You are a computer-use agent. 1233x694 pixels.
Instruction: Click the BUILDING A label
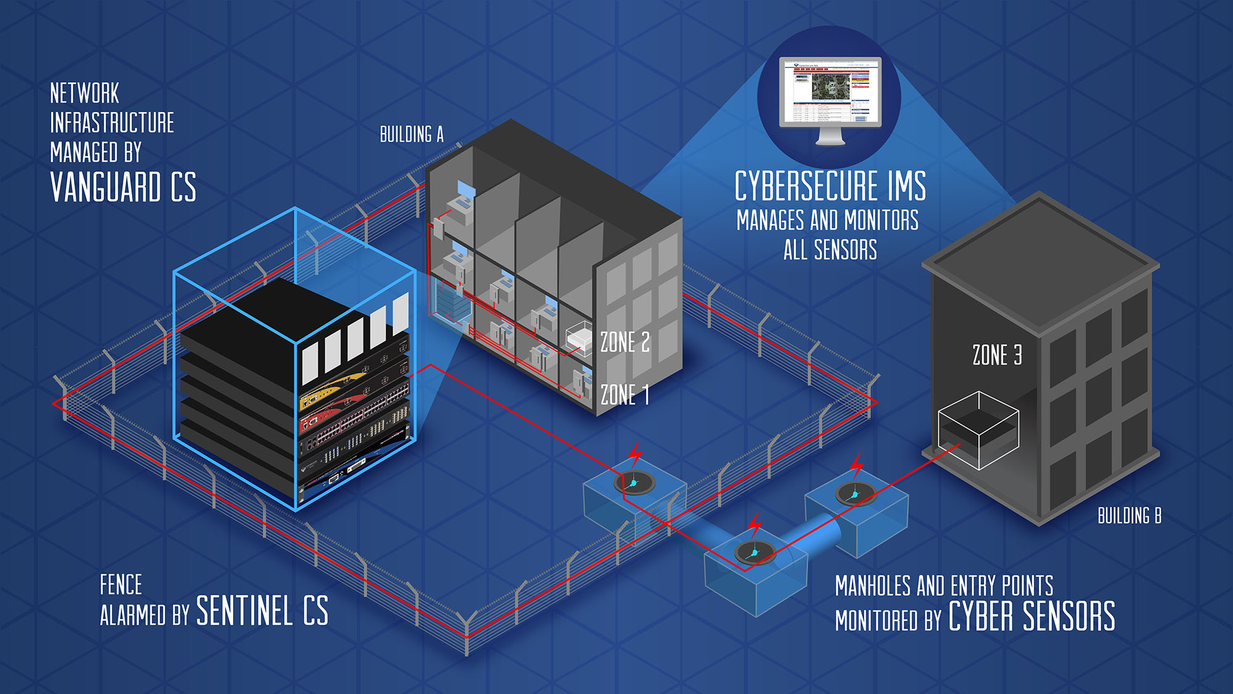[411, 134]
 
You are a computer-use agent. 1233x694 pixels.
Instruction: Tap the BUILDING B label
[1129, 516]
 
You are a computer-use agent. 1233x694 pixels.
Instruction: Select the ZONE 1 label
[625, 394]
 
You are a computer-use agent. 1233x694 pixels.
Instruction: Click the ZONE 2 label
[625, 342]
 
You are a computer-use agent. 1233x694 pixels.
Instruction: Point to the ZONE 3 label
[997, 355]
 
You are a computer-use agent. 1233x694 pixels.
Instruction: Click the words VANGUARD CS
[123, 187]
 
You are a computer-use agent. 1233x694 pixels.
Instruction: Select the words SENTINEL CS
[262, 611]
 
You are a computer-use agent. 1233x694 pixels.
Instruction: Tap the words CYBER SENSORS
[1031, 616]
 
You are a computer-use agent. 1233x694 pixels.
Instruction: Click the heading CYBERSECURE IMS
[830, 186]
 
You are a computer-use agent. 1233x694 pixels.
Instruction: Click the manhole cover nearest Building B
[856, 493]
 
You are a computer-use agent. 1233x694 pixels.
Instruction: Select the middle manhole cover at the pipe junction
[755, 552]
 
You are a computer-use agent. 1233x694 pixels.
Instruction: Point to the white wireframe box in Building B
[978, 430]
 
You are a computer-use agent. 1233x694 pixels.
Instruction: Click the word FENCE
[121, 584]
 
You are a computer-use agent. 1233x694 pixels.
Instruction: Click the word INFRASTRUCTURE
[112, 123]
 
